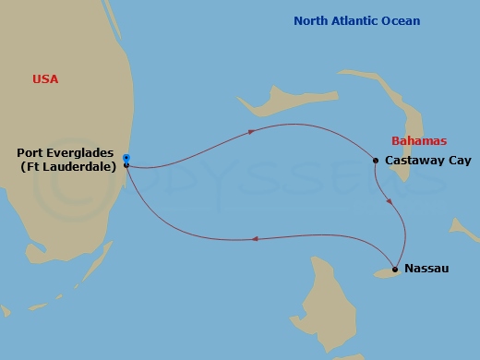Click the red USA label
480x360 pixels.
click(x=44, y=79)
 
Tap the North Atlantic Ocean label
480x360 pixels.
click(x=356, y=20)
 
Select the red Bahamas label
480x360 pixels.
click(x=419, y=141)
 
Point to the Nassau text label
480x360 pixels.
click(x=426, y=270)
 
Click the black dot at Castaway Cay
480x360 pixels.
click(x=376, y=161)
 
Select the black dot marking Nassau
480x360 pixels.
click(x=395, y=270)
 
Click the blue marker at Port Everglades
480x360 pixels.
click(x=126, y=158)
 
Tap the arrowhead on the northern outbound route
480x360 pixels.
click(x=251, y=132)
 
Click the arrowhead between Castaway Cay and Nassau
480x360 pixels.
click(x=394, y=200)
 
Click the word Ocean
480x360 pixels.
click(x=402, y=20)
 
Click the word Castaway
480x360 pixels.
click(x=413, y=161)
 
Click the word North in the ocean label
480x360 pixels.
click(x=310, y=20)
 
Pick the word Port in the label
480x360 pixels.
click(x=30, y=152)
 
